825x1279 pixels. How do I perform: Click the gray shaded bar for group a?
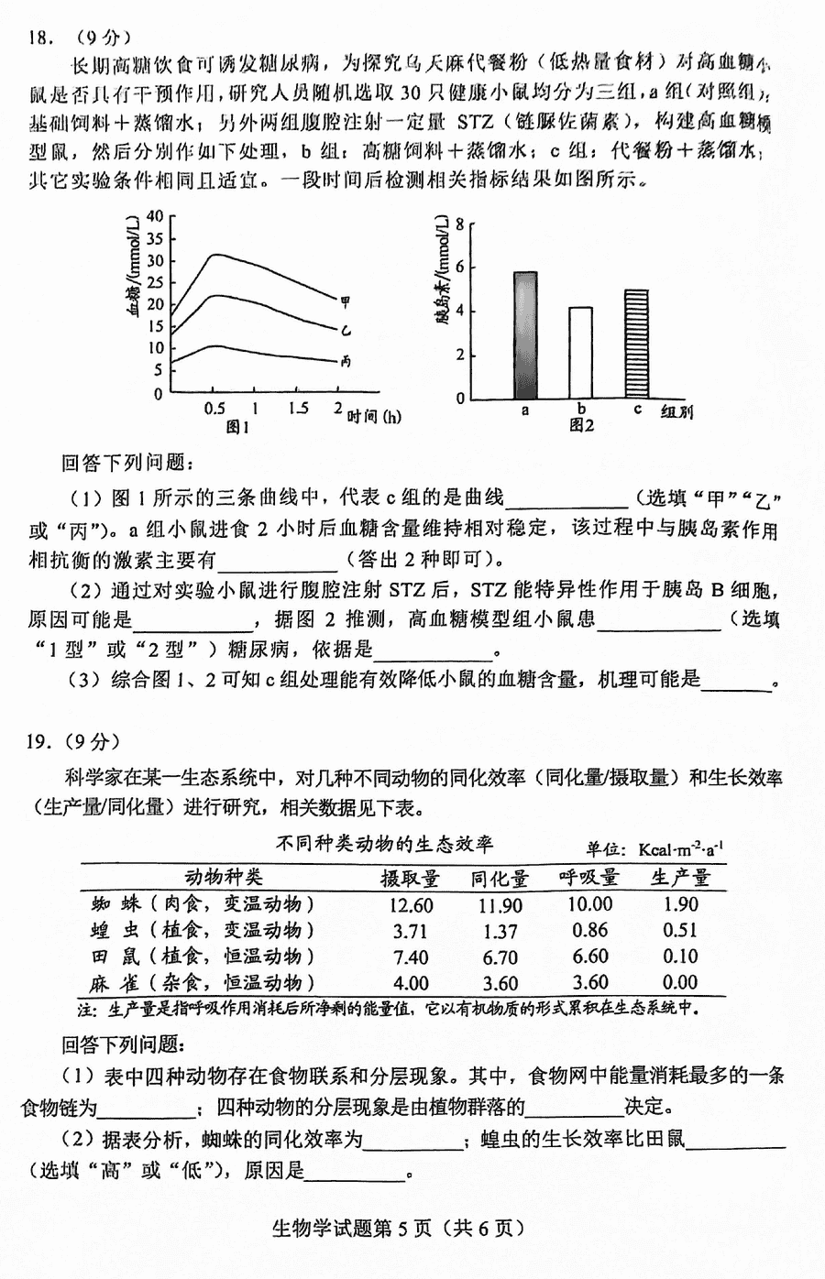tap(525, 335)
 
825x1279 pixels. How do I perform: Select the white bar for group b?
tap(580, 353)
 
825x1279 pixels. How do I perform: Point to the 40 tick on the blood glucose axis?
tap(153, 216)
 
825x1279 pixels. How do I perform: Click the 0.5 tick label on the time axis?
tap(214, 409)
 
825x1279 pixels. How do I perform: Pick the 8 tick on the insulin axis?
tap(460, 223)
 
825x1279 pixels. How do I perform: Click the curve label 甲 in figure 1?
tap(346, 301)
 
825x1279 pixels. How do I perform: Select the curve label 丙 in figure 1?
tap(346, 362)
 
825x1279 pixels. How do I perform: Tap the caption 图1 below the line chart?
tap(237, 427)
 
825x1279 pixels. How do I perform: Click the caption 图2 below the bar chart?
tap(581, 425)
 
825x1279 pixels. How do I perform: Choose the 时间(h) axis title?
tap(374, 417)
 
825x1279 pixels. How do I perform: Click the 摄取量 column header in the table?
tap(410, 878)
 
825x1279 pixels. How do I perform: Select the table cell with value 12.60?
tap(410, 905)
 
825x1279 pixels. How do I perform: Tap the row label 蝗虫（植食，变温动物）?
tap(203, 931)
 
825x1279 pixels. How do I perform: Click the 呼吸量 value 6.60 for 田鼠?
tap(589, 957)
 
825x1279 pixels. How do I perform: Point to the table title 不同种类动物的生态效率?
tap(384, 843)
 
